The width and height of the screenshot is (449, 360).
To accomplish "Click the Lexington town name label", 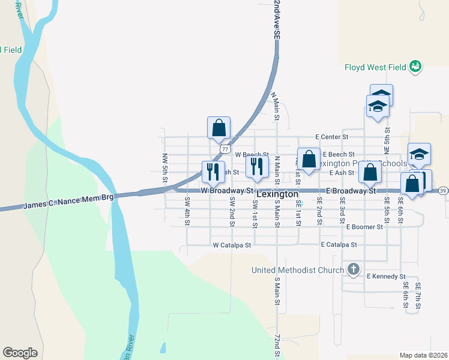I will point(277,194).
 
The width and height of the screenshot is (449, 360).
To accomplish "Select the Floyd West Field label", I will point(376,67).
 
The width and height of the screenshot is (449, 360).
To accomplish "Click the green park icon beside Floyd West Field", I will point(415,67).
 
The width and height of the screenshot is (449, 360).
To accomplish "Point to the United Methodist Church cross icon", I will point(354,269).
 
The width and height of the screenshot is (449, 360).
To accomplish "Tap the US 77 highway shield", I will point(224,148).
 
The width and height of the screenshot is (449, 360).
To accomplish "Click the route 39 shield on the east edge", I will point(443,190).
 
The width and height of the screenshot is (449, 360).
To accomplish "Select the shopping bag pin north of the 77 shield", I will point(219,127).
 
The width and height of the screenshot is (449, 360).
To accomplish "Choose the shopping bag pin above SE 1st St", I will point(309,160).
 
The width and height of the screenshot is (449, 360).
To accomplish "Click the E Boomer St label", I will point(364,227).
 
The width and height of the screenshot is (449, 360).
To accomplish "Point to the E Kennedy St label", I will point(386,276).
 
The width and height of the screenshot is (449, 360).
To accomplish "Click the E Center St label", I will point(332,137).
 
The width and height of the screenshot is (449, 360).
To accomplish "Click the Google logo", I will point(20,353).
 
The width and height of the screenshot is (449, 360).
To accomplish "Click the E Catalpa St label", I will point(339,245).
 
